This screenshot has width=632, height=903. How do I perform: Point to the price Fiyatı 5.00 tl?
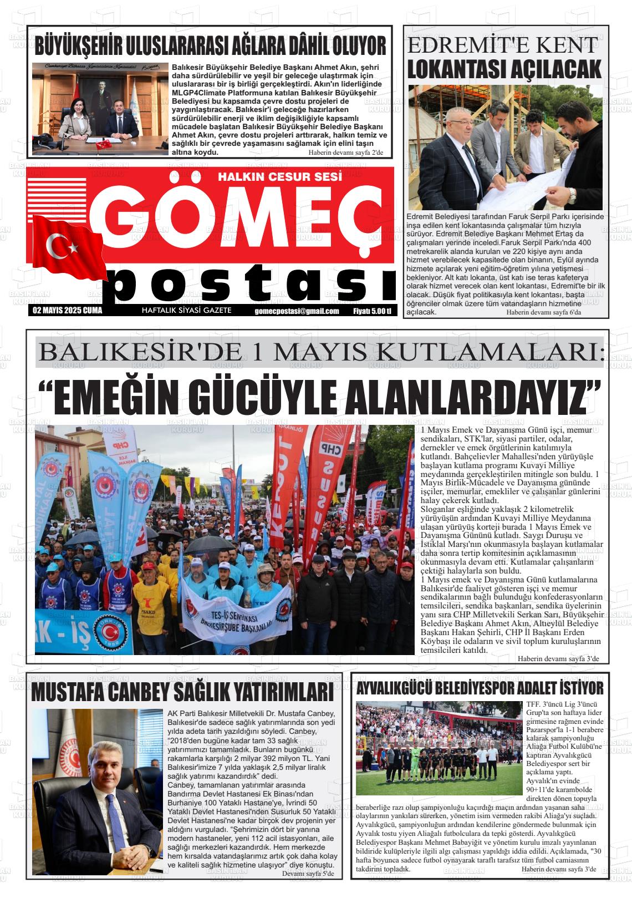click(x=372, y=311)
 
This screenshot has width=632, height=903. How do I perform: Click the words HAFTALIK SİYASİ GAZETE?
click(x=187, y=311)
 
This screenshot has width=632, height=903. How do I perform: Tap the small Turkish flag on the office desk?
click(x=104, y=145)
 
